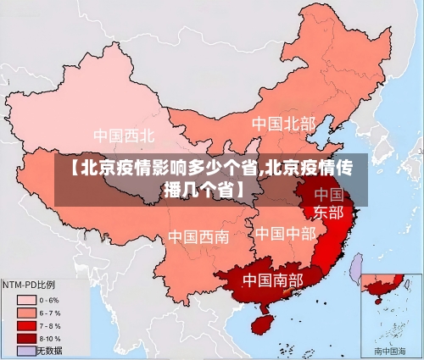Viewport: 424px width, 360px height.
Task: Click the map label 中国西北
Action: [124, 135]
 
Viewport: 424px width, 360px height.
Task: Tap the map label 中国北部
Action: [282, 124]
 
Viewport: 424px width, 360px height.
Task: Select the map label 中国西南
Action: [198, 236]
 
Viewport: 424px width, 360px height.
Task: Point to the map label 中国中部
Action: [285, 233]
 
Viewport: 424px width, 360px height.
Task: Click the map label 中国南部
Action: [272, 280]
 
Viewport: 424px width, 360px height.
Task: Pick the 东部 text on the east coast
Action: [329, 212]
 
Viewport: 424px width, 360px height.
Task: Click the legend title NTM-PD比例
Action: [29, 284]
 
